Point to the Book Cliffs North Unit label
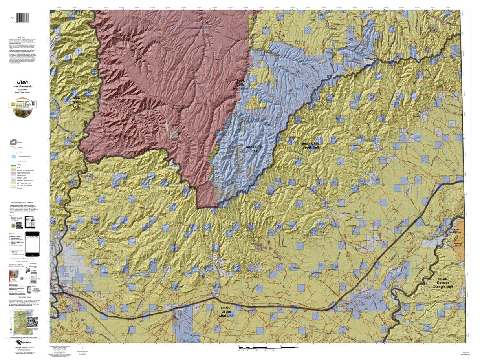(240, 85)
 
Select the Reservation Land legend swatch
(13, 172)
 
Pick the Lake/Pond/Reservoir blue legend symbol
(13, 156)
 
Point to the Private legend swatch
(13, 188)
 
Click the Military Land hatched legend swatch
(13, 178)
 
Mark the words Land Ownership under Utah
(22, 86)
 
